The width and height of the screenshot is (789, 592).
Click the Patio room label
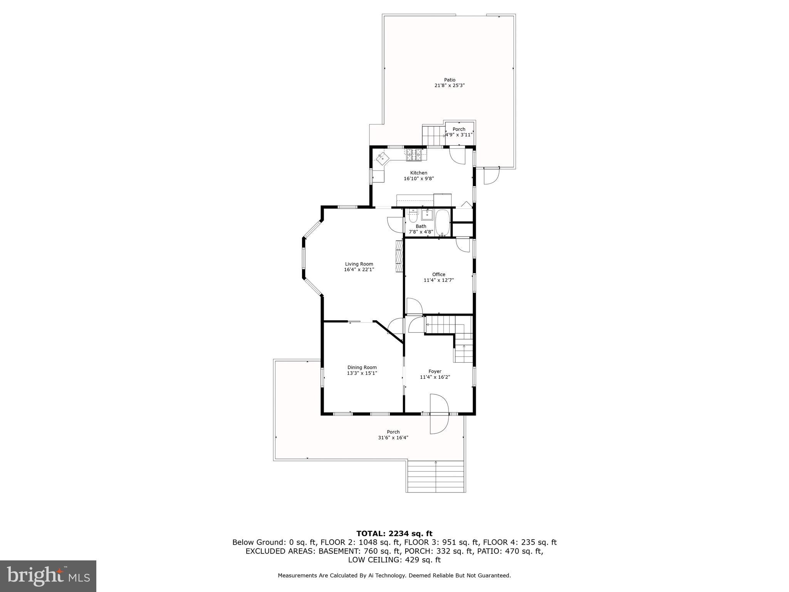449,80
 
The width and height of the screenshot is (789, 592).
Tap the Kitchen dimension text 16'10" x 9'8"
418,178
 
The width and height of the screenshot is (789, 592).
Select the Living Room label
359,264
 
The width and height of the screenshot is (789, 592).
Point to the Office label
438,274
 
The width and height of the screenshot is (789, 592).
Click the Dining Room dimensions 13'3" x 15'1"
362,373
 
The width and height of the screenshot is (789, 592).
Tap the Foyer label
435,372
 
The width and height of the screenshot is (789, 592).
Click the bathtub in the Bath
442,222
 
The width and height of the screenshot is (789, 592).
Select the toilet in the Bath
413,216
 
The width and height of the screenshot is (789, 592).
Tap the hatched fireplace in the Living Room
399,256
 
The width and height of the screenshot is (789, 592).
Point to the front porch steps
435,476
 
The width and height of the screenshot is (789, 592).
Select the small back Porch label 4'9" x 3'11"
459,132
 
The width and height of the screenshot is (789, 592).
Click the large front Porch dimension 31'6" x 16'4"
393,437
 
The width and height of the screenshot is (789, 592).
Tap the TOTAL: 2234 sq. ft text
394,534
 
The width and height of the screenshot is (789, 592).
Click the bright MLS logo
48,576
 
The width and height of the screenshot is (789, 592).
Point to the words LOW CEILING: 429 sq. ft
394,560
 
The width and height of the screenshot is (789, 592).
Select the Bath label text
421,226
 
